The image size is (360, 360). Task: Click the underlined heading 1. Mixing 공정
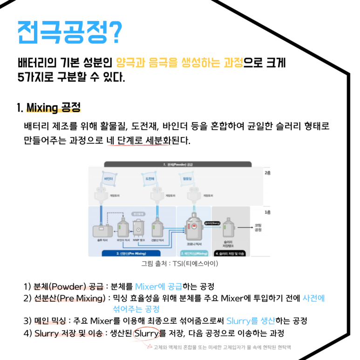click(x=48, y=108)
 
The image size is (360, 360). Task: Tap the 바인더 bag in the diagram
click(x=108, y=179)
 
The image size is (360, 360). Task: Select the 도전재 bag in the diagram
click(x=150, y=179)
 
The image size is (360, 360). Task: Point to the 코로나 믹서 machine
click(x=194, y=228)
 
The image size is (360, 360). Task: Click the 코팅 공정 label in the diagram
click(x=258, y=227)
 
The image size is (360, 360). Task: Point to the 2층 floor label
click(x=267, y=172)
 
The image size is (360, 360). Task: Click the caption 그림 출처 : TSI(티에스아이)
click(x=179, y=264)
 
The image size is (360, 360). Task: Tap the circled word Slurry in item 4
click(x=146, y=333)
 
